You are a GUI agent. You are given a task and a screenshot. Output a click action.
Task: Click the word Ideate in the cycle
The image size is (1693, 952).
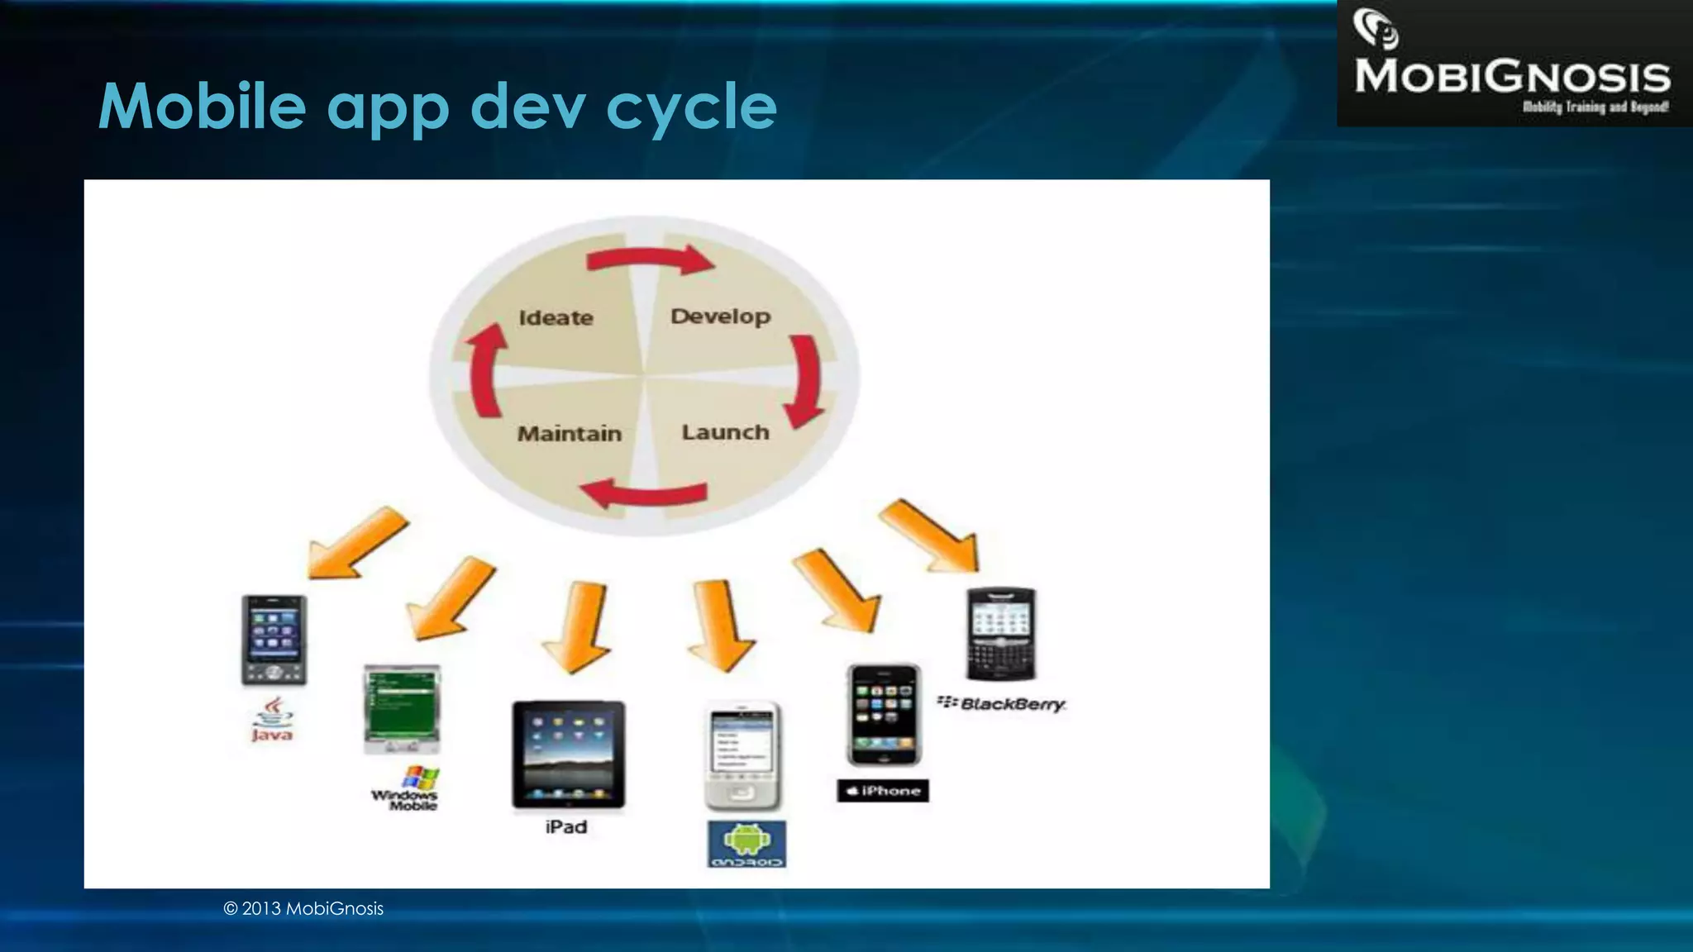click(556, 318)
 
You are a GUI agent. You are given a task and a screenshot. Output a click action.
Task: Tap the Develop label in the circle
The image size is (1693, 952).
click(720, 317)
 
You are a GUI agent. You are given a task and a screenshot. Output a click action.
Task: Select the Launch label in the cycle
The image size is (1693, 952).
click(725, 432)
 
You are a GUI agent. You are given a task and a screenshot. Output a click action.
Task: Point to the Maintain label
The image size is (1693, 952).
click(569, 434)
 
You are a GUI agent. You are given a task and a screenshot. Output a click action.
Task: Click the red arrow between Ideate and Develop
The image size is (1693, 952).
click(649, 259)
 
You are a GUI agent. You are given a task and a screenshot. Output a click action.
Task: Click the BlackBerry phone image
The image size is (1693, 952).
click(1001, 635)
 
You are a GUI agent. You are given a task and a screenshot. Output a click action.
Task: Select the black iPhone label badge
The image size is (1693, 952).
click(883, 791)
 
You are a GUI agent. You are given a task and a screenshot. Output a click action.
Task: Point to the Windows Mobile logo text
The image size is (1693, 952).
click(405, 799)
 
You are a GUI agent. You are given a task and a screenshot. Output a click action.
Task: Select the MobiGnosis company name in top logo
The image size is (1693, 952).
click(1512, 77)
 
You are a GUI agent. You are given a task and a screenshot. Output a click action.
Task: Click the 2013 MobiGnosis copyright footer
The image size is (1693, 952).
click(303, 909)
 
